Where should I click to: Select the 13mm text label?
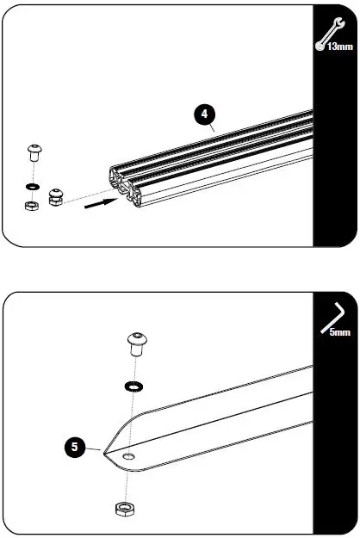[x=339, y=46]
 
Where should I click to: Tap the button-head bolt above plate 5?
[x=137, y=344]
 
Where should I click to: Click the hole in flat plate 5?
[x=128, y=455]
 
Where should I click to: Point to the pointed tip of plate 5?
[x=103, y=452]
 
